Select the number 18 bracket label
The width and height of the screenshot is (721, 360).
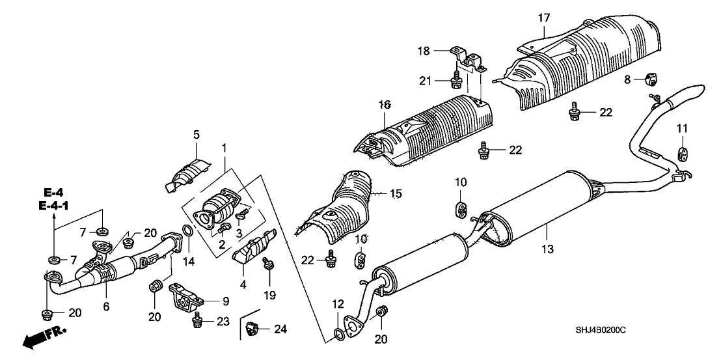[x=440, y=51]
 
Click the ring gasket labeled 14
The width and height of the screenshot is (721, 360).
[x=185, y=231]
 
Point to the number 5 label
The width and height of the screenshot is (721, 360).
[x=196, y=135]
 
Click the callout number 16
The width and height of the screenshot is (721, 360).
[x=385, y=104]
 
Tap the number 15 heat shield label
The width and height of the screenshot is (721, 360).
[x=396, y=193]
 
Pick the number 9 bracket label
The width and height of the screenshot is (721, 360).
[x=225, y=301]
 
